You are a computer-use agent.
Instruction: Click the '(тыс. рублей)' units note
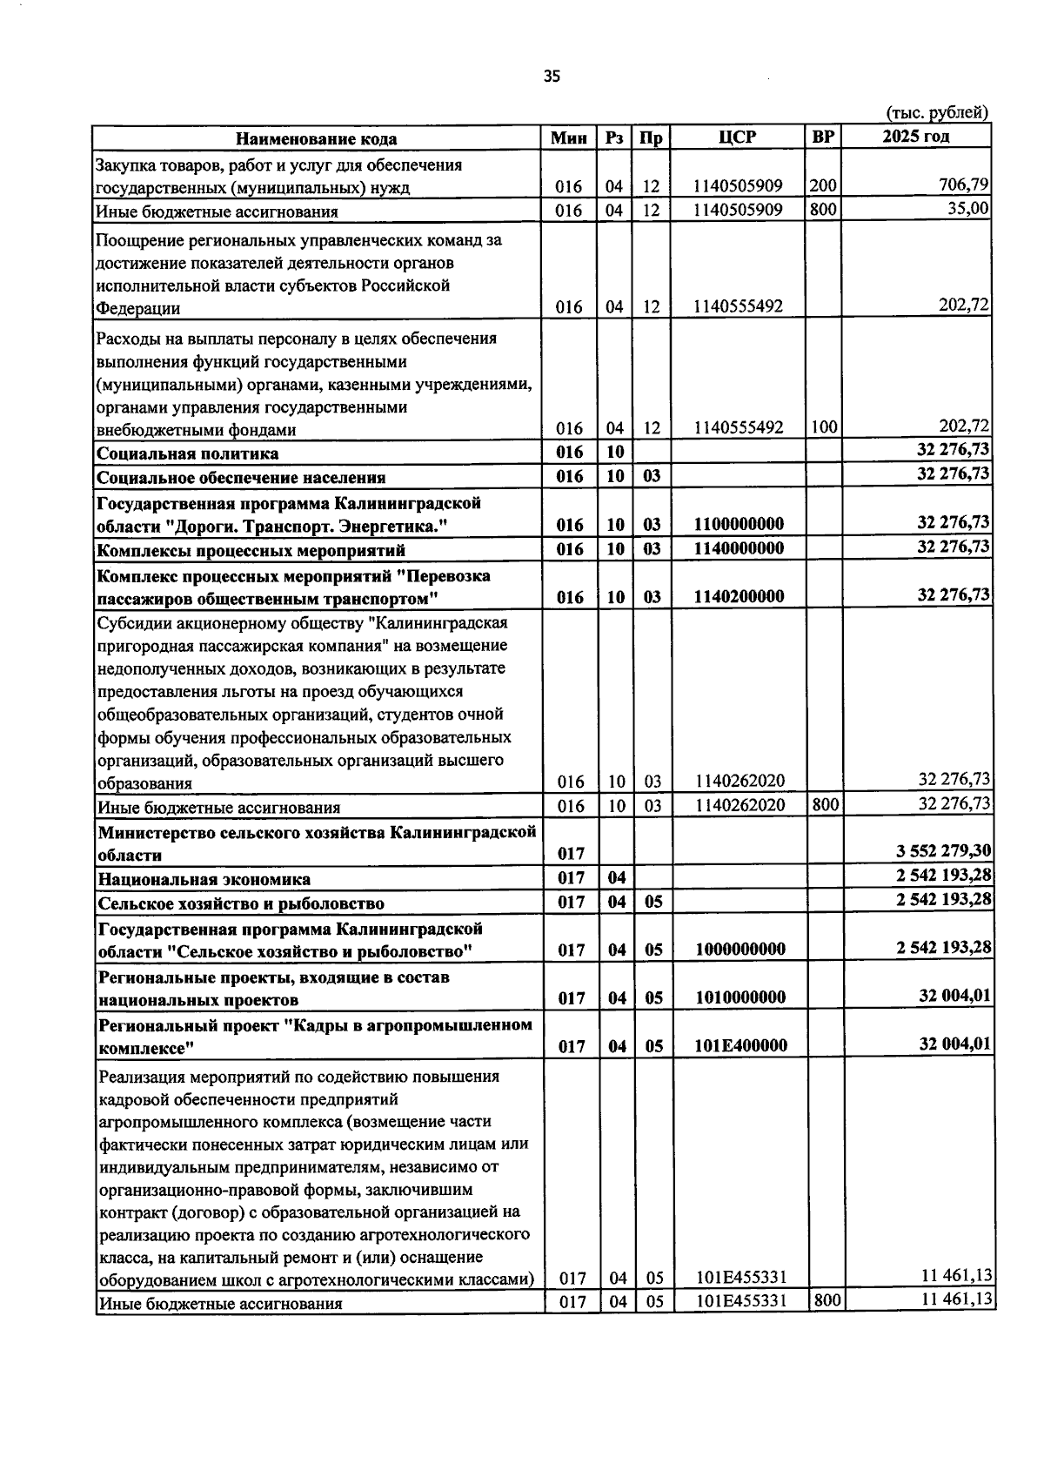(x=937, y=112)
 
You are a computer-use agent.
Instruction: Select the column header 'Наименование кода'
(x=317, y=138)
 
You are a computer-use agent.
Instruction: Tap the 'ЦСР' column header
(x=738, y=138)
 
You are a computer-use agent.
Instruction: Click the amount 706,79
(x=962, y=185)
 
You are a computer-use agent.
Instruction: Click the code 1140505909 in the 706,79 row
(x=739, y=186)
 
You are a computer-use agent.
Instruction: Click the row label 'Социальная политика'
(x=188, y=453)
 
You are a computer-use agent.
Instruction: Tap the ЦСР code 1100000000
(x=739, y=524)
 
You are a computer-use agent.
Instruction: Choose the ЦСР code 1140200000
(x=739, y=597)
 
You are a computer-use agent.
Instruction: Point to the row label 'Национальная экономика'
(x=204, y=879)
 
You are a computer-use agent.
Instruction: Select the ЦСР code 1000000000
(x=740, y=950)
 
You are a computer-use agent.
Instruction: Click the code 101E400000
(x=741, y=1046)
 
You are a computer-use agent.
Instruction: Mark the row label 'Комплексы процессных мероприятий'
(x=251, y=550)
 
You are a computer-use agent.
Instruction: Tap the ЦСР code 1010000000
(x=740, y=998)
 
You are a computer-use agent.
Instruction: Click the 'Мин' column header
(x=570, y=138)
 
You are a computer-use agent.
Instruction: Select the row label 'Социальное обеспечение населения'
(x=241, y=478)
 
